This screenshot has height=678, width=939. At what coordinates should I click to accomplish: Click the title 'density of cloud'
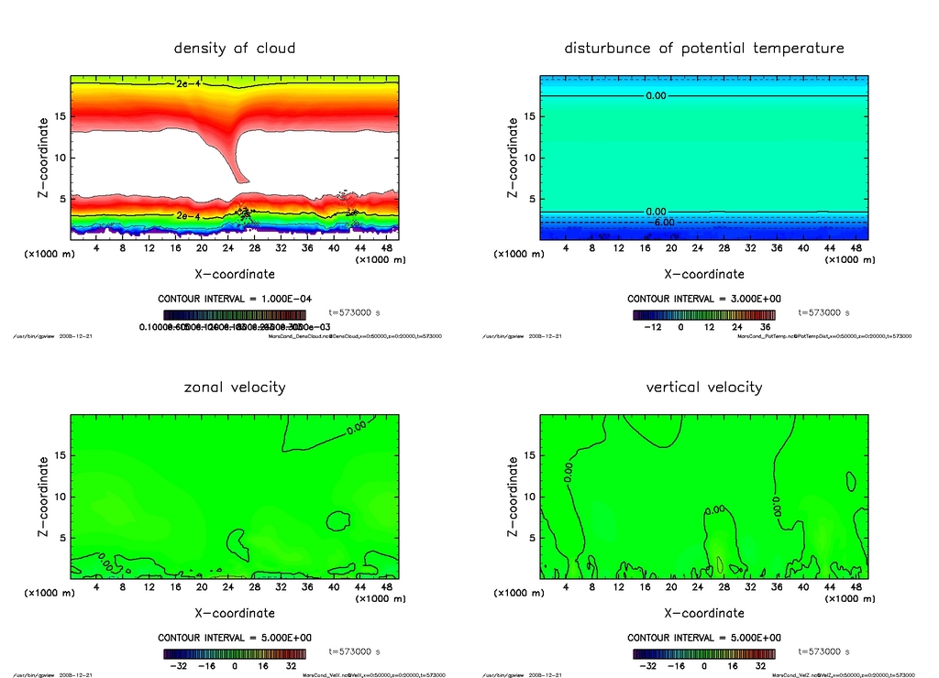(235, 48)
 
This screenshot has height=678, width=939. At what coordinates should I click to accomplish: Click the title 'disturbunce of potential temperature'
(704, 48)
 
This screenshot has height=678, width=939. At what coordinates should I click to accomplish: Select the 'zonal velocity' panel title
(235, 387)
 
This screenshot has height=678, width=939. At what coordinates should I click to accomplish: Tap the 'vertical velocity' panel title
(704, 387)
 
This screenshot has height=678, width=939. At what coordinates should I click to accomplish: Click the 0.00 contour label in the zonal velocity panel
(357, 425)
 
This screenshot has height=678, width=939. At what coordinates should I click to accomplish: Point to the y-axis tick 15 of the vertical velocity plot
(529, 455)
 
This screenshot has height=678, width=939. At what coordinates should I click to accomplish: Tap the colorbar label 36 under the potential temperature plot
(763, 326)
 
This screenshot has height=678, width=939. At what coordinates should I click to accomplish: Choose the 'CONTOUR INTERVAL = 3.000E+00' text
(704, 299)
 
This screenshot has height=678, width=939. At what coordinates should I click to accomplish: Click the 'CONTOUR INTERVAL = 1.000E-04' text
(235, 299)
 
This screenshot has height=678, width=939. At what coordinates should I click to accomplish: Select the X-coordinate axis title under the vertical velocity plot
(704, 612)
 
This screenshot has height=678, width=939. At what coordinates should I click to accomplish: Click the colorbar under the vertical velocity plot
(704, 654)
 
